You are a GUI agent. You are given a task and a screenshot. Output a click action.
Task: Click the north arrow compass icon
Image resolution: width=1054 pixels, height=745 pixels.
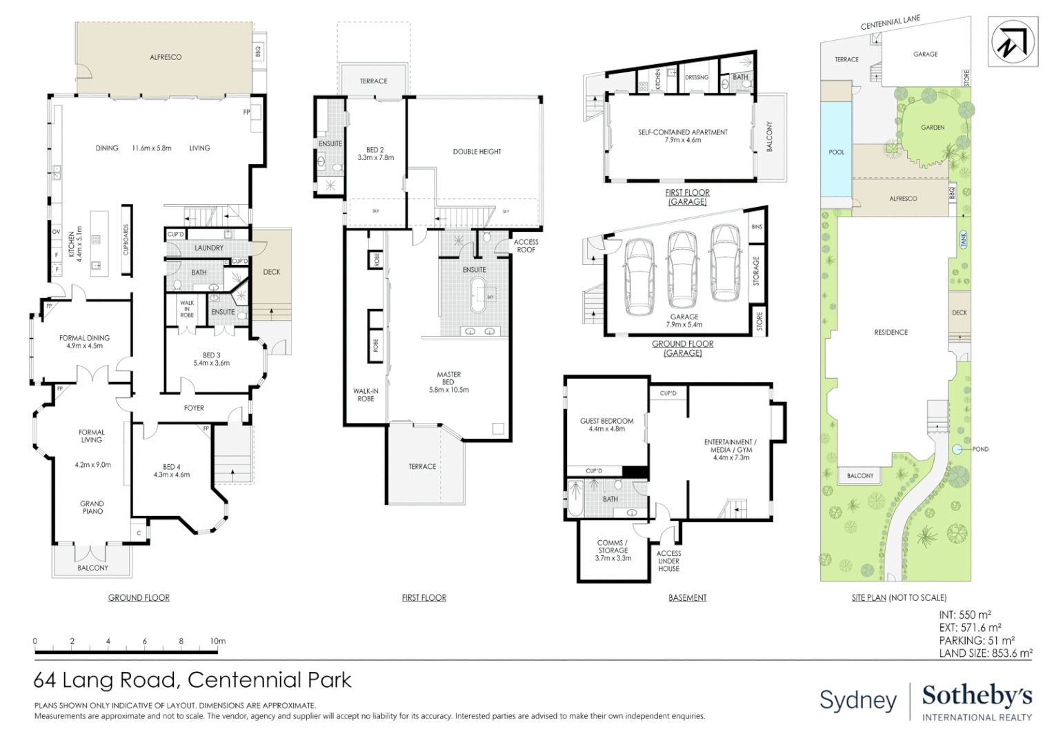tap(1013, 42)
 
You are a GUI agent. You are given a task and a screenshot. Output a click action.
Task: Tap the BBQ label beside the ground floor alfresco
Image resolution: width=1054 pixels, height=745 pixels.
tap(259, 51)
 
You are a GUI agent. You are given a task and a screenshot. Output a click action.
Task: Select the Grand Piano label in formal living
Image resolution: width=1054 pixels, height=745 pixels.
tap(92, 507)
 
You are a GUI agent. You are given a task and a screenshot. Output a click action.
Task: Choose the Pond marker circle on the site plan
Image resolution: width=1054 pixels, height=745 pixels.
tap(957, 449)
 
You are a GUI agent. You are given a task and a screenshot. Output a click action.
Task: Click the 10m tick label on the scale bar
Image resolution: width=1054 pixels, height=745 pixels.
tap(218, 641)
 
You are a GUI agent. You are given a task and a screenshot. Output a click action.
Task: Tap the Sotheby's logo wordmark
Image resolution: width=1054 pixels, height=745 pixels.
tap(977, 695)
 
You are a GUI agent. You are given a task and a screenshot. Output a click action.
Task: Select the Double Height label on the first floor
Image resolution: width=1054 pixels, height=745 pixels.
tap(477, 152)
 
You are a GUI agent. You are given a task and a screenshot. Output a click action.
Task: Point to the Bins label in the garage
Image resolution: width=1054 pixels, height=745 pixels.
tap(757, 227)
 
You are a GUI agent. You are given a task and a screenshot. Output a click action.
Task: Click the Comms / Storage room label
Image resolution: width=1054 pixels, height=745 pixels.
tap(613, 550)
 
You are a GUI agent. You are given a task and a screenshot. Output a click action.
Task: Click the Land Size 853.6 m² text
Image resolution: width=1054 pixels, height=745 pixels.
tap(985, 653)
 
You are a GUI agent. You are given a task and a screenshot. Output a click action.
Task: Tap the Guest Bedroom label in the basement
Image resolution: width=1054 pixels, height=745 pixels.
tap(606, 424)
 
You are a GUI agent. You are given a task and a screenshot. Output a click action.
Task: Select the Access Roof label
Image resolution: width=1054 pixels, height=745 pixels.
tap(526, 246)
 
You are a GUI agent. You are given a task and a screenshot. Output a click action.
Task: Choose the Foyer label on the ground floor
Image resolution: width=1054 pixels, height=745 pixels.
tap(194, 408)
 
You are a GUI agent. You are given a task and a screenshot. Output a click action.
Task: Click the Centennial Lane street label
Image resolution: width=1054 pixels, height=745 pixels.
tap(890, 23)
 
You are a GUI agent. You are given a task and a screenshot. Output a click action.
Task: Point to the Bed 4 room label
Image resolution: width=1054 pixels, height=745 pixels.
tap(171, 470)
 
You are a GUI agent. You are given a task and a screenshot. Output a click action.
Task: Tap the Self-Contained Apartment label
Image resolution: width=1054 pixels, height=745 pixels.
tap(682, 135)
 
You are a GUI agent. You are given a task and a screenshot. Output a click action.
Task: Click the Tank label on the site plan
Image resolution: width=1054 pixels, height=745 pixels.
tap(963, 239)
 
